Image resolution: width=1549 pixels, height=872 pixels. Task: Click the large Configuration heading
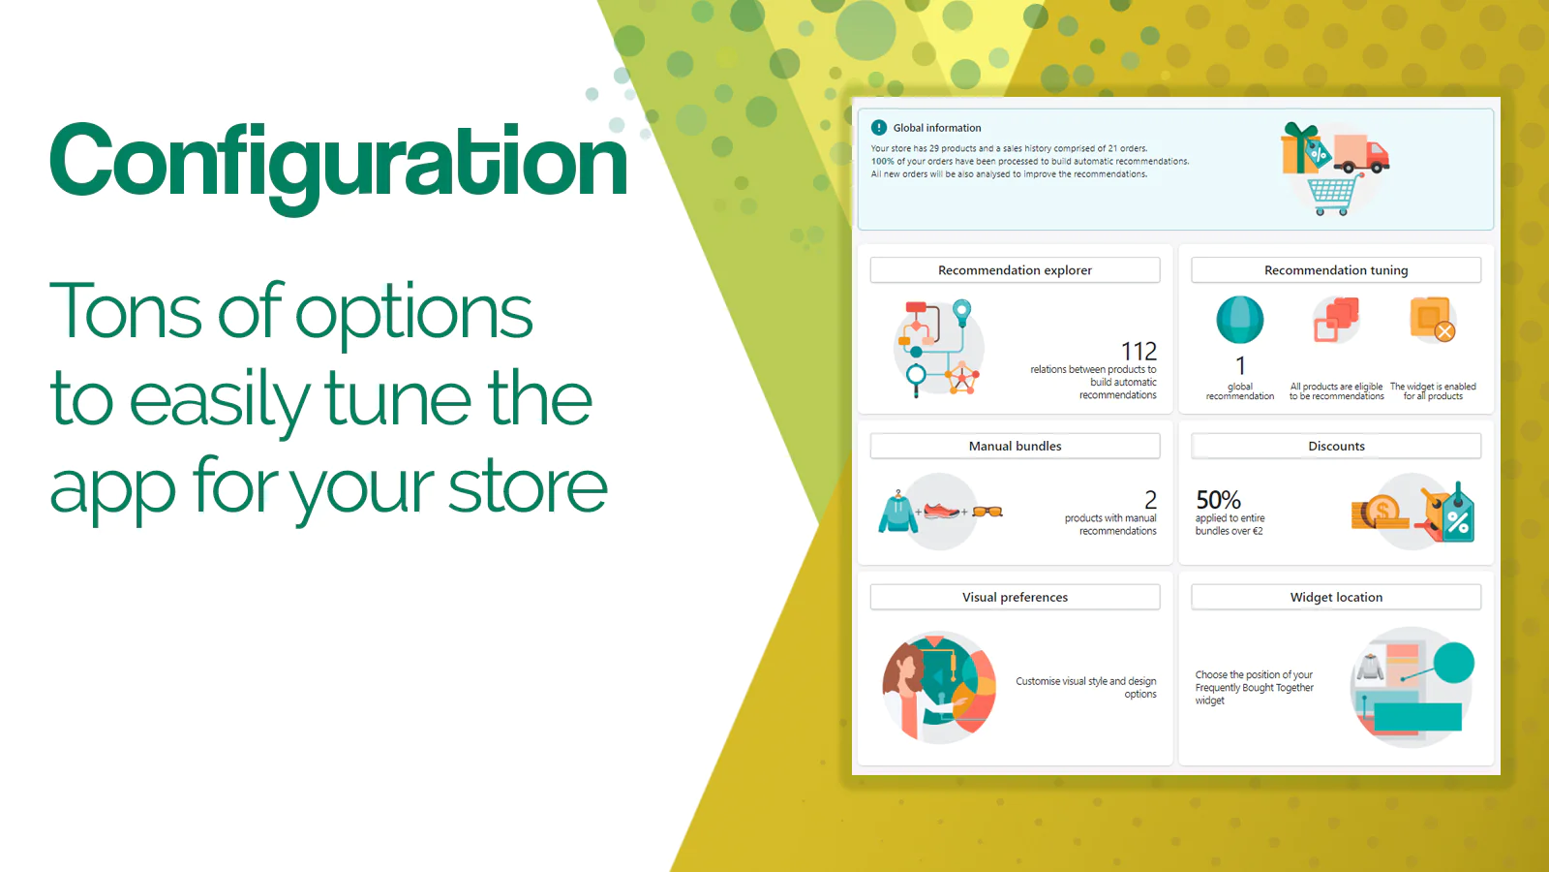[x=338, y=163]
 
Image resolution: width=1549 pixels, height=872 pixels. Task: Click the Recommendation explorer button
[x=1015, y=270]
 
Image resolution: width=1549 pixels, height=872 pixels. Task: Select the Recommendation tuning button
[x=1336, y=270]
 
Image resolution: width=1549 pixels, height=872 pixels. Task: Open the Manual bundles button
[x=1015, y=446]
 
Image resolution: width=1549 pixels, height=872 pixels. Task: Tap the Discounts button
[x=1336, y=446]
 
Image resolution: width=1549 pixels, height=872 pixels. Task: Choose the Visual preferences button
[x=1015, y=597]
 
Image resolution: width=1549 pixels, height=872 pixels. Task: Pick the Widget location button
[x=1336, y=597]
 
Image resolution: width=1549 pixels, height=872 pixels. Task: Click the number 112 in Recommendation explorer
[x=1139, y=351]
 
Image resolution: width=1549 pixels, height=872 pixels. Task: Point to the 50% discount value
[x=1218, y=500]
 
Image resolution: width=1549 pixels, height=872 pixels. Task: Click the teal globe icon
[x=1240, y=320]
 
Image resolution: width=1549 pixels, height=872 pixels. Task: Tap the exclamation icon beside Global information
[x=879, y=127]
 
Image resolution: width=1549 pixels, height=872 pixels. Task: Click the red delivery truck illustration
[x=1361, y=153]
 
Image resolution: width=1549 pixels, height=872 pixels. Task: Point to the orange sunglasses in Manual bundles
[x=987, y=512]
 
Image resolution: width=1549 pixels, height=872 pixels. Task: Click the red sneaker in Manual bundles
[x=941, y=511]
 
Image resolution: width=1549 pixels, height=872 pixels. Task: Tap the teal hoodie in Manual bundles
[x=897, y=513]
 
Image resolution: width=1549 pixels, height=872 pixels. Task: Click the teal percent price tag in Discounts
[x=1457, y=515]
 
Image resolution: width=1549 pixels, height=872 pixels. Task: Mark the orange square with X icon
[x=1432, y=319]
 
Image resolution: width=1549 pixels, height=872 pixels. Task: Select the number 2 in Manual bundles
[x=1150, y=500]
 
